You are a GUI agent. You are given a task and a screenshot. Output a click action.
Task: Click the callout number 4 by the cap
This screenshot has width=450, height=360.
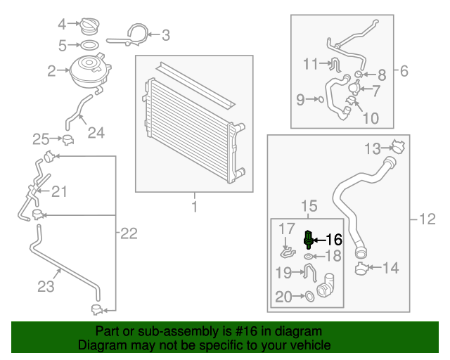tap(62, 25)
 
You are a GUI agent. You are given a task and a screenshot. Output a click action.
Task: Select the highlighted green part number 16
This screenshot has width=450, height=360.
tap(308, 239)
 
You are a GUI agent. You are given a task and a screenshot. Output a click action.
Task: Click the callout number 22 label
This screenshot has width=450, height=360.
tap(128, 234)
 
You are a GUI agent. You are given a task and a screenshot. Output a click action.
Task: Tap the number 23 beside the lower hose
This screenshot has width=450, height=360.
tap(46, 286)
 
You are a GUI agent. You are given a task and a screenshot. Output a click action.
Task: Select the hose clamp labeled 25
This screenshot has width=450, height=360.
tap(68, 140)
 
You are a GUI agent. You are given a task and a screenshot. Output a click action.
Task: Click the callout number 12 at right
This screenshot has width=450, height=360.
tap(427, 220)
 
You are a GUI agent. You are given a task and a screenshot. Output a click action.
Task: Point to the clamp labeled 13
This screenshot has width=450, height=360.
tap(399, 148)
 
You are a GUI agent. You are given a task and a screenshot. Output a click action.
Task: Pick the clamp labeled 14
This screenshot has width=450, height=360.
tap(363, 268)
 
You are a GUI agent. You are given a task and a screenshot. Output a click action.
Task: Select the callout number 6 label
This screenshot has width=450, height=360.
tap(404, 71)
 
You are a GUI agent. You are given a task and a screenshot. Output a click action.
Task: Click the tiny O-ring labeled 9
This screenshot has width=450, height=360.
tap(321, 100)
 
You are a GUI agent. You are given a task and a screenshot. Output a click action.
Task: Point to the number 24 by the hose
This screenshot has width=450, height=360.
tap(96, 132)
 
